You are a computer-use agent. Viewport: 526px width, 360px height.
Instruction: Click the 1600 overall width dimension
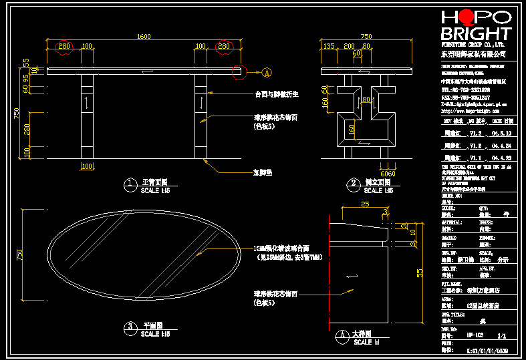[x=143, y=37]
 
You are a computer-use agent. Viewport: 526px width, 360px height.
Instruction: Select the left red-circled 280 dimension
[x=63, y=46]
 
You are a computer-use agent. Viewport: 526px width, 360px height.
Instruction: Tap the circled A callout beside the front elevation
[x=267, y=72]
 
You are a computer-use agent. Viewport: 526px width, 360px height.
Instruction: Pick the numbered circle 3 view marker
[x=128, y=327]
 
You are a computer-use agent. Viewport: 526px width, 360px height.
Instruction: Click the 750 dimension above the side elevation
[x=366, y=37]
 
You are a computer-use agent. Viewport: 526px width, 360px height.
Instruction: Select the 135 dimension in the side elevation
[x=328, y=46]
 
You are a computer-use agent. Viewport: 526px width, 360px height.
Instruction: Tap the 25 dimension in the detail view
[x=364, y=204]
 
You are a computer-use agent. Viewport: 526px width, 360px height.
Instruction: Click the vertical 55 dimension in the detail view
[x=420, y=273]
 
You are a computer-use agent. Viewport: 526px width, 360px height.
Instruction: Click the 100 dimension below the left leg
[x=87, y=166]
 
